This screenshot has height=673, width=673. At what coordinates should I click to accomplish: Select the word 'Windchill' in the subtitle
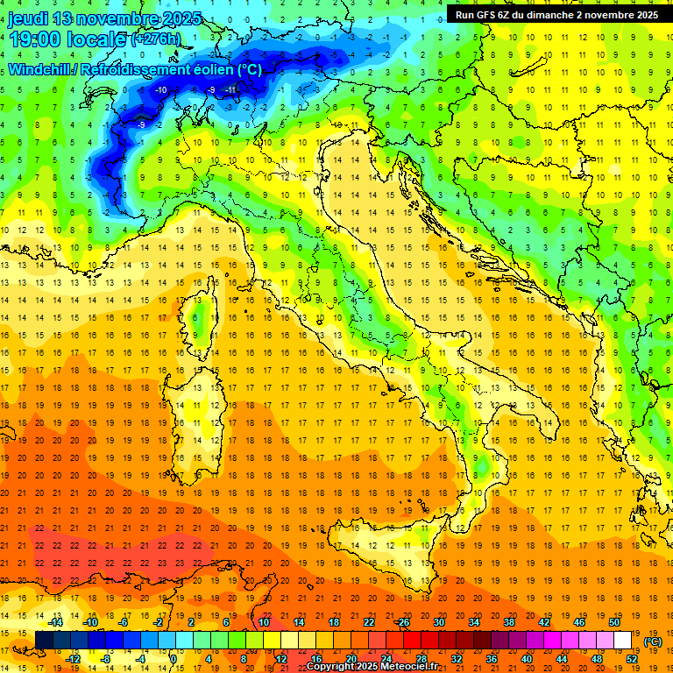coord(40,69)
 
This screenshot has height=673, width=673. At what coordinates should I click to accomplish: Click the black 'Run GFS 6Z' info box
coord(556,15)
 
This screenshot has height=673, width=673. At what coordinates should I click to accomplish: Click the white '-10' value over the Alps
coord(160,90)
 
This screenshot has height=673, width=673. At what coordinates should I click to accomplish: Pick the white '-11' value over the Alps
coord(230,90)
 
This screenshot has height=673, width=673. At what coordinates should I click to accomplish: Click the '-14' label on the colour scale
coord(56,622)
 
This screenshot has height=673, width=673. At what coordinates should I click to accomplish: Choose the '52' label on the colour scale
coord(631,659)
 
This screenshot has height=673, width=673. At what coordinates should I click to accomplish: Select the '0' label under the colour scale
coord(174,659)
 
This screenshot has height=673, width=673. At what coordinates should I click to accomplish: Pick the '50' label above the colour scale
coord(613,622)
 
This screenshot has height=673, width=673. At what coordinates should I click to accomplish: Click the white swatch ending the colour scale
coord(622,641)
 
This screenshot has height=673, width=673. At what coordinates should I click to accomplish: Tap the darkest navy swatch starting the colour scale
coord(44,641)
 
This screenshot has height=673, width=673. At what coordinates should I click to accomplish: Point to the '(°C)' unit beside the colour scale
coord(653,641)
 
